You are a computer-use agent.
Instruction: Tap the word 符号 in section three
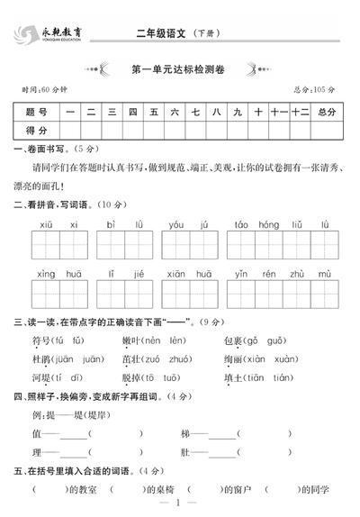42,340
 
